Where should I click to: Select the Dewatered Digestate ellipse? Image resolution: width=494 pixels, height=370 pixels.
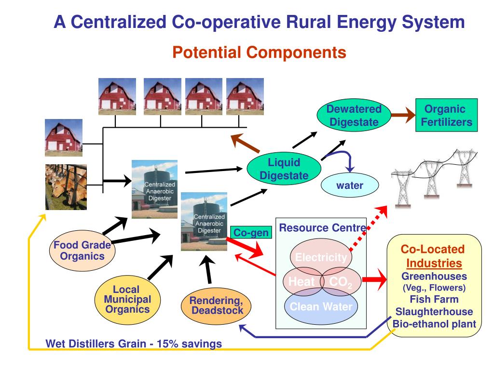pyautogui.click(x=354, y=116)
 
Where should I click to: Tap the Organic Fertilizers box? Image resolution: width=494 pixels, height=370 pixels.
pyautogui.click(x=446, y=116)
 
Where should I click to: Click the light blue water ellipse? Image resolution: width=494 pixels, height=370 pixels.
pyautogui.click(x=349, y=185)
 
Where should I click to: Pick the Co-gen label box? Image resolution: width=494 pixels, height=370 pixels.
pyautogui.click(x=250, y=233)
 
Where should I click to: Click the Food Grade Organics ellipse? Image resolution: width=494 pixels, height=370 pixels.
pyautogui.click(x=82, y=251)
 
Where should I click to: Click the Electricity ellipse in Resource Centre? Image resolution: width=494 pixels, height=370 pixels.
pyautogui.click(x=321, y=257)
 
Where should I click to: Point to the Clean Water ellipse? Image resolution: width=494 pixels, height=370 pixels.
pyautogui.click(x=321, y=307)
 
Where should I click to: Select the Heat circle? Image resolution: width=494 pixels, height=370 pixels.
pyautogui.click(x=301, y=282)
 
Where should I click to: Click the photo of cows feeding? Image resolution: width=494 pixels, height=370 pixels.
pyautogui.click(x=66, y=187)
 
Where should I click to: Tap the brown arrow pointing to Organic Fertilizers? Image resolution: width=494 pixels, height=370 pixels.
pyautogui.click(x=402, y=116)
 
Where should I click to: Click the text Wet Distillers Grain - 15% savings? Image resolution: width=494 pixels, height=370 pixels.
pyautogui.click(x=134, y=344)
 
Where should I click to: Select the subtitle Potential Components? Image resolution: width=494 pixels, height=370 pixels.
pyautogui.click(x=259, y=52)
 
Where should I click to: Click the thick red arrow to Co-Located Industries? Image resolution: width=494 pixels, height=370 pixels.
pyautogui.click(x=375, y=279)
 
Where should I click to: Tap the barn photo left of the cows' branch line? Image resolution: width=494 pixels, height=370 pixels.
pyautogui.click(x=63, y=137)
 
